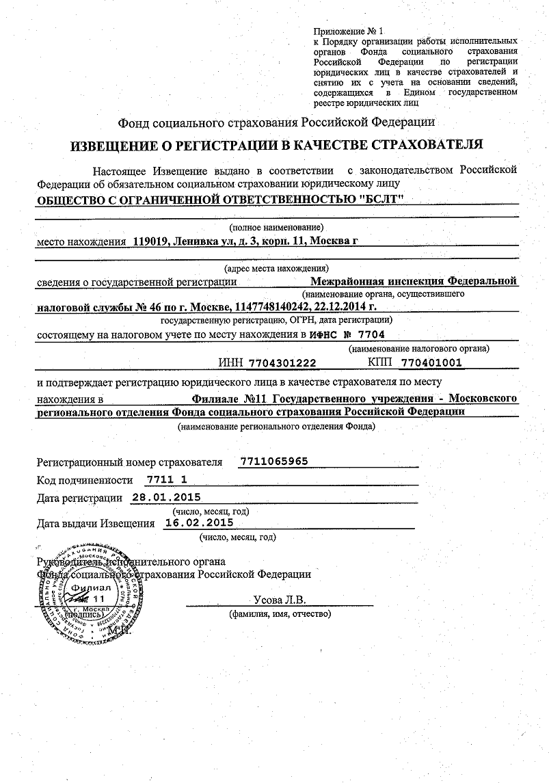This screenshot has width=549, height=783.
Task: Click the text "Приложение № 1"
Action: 349,31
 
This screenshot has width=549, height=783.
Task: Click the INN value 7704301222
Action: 283,362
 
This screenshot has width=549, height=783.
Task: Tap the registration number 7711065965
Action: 275,462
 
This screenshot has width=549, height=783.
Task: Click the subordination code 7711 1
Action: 166,480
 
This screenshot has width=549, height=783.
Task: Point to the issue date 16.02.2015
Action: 199,523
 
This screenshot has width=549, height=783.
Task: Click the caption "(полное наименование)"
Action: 276,226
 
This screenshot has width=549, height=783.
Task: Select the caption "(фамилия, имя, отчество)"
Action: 280,614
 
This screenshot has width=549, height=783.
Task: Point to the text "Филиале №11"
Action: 227,399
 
